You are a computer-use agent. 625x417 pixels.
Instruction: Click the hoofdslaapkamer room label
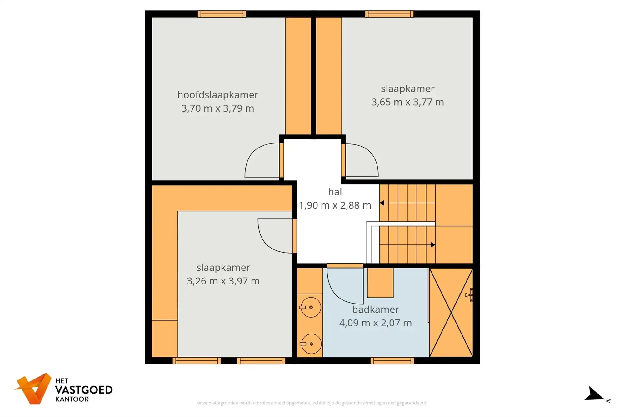pyautogui.click(x=217, y=95)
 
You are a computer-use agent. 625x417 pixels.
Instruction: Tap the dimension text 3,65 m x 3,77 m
pyautogui.click(x=407, y=102)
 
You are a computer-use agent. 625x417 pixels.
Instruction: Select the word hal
pyautogui.click(x=335, y=192)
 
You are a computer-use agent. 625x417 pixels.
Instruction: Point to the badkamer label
pyautogui.click(x=375, y=309)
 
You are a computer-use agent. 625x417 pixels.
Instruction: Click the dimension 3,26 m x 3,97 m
pyautogui.click(x=223, y=281)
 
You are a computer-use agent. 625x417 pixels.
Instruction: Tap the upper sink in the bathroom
pyautogui.click(x=310, y=308)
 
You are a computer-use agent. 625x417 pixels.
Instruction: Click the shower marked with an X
pyautogui.click(x=451, y=313)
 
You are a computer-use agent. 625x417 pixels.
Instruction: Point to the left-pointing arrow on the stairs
pyautogui.click(x=382, y=203)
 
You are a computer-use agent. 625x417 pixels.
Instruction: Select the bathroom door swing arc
pyautogui.click(x=344, y=288)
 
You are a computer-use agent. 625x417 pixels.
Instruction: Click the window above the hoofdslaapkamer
pyautogui.click(x=222, y=14)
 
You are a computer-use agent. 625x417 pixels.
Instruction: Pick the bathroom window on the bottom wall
pyautogui.click(x=392, y=361)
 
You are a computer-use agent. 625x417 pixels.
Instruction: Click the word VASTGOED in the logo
pyautogui.click(x=84, y=390)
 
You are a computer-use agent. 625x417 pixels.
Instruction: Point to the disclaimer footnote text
pyautogui.click(x=312, y=403)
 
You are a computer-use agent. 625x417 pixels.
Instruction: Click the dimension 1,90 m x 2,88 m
pyautogui.click(x=335, y=205)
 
